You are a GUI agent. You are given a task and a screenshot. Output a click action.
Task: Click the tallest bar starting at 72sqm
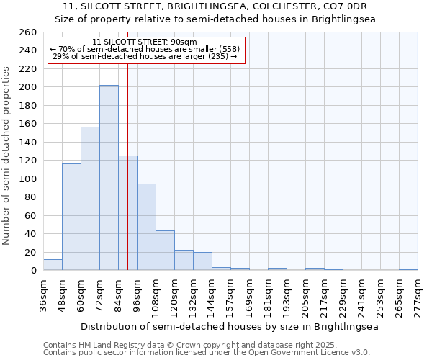click(109, 178)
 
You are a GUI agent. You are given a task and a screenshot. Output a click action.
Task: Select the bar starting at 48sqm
click(71, 217)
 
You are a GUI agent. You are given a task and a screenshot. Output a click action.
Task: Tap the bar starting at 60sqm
click(90, 199)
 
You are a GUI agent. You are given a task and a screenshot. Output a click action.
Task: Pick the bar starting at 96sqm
click(146, 227)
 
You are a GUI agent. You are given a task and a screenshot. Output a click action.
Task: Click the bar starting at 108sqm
click(165, 251)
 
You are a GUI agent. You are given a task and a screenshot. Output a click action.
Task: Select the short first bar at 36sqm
click(53, 265)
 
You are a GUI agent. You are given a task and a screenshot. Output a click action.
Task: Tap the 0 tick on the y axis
click(33, 271)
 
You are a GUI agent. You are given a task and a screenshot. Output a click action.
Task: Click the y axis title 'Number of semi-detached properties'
click(7, 155)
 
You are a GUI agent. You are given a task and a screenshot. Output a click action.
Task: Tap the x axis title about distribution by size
click(230, 326)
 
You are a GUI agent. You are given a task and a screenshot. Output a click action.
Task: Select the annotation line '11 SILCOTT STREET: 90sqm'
click(145, 42)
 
